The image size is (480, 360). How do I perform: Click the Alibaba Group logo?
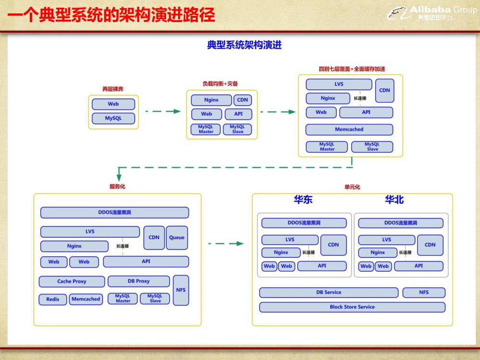pos(432,13)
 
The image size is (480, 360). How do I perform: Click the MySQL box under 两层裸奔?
pos(113,118)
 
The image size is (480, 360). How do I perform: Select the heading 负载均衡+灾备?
pos(220,84)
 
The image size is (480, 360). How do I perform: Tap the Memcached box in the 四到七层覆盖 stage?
pos(349,130)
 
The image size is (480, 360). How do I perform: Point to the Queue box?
pos(177,238)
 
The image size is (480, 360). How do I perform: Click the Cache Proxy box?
pos(72,281)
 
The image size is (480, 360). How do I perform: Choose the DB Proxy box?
pos(139,281)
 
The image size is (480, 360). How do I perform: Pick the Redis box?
pos(53,299)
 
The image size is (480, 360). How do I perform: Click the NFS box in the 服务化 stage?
pos(180,290)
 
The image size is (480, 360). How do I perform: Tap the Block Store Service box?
pos(352,307)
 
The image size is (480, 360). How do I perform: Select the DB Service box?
pos(329,292)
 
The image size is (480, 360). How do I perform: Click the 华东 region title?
pos(303,200)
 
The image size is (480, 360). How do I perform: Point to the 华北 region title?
pos(394,200)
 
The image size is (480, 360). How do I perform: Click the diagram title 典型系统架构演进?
pos(244,46)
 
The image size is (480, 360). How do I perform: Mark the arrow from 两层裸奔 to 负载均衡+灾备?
pos(163,111)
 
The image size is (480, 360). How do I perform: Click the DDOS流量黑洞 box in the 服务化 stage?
pos(114,213)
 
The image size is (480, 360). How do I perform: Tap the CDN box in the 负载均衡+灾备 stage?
pos(242,100)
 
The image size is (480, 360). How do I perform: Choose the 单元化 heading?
pos(352,187)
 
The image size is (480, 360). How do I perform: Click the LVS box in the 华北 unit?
pos(386,240)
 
